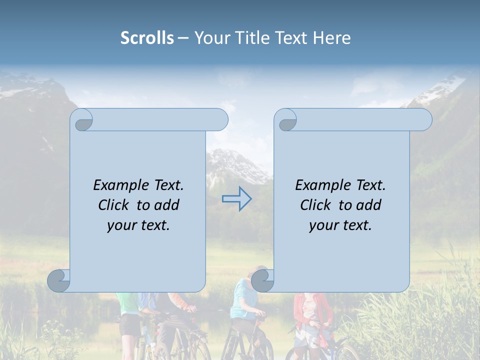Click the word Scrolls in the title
click(147, 38)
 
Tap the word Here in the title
click(331, 38)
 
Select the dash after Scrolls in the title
click(183, 38)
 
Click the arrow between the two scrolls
click(237, 199)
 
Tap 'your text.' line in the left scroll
click(138, 225)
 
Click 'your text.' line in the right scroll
click(340, 225)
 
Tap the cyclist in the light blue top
click(245, 305)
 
